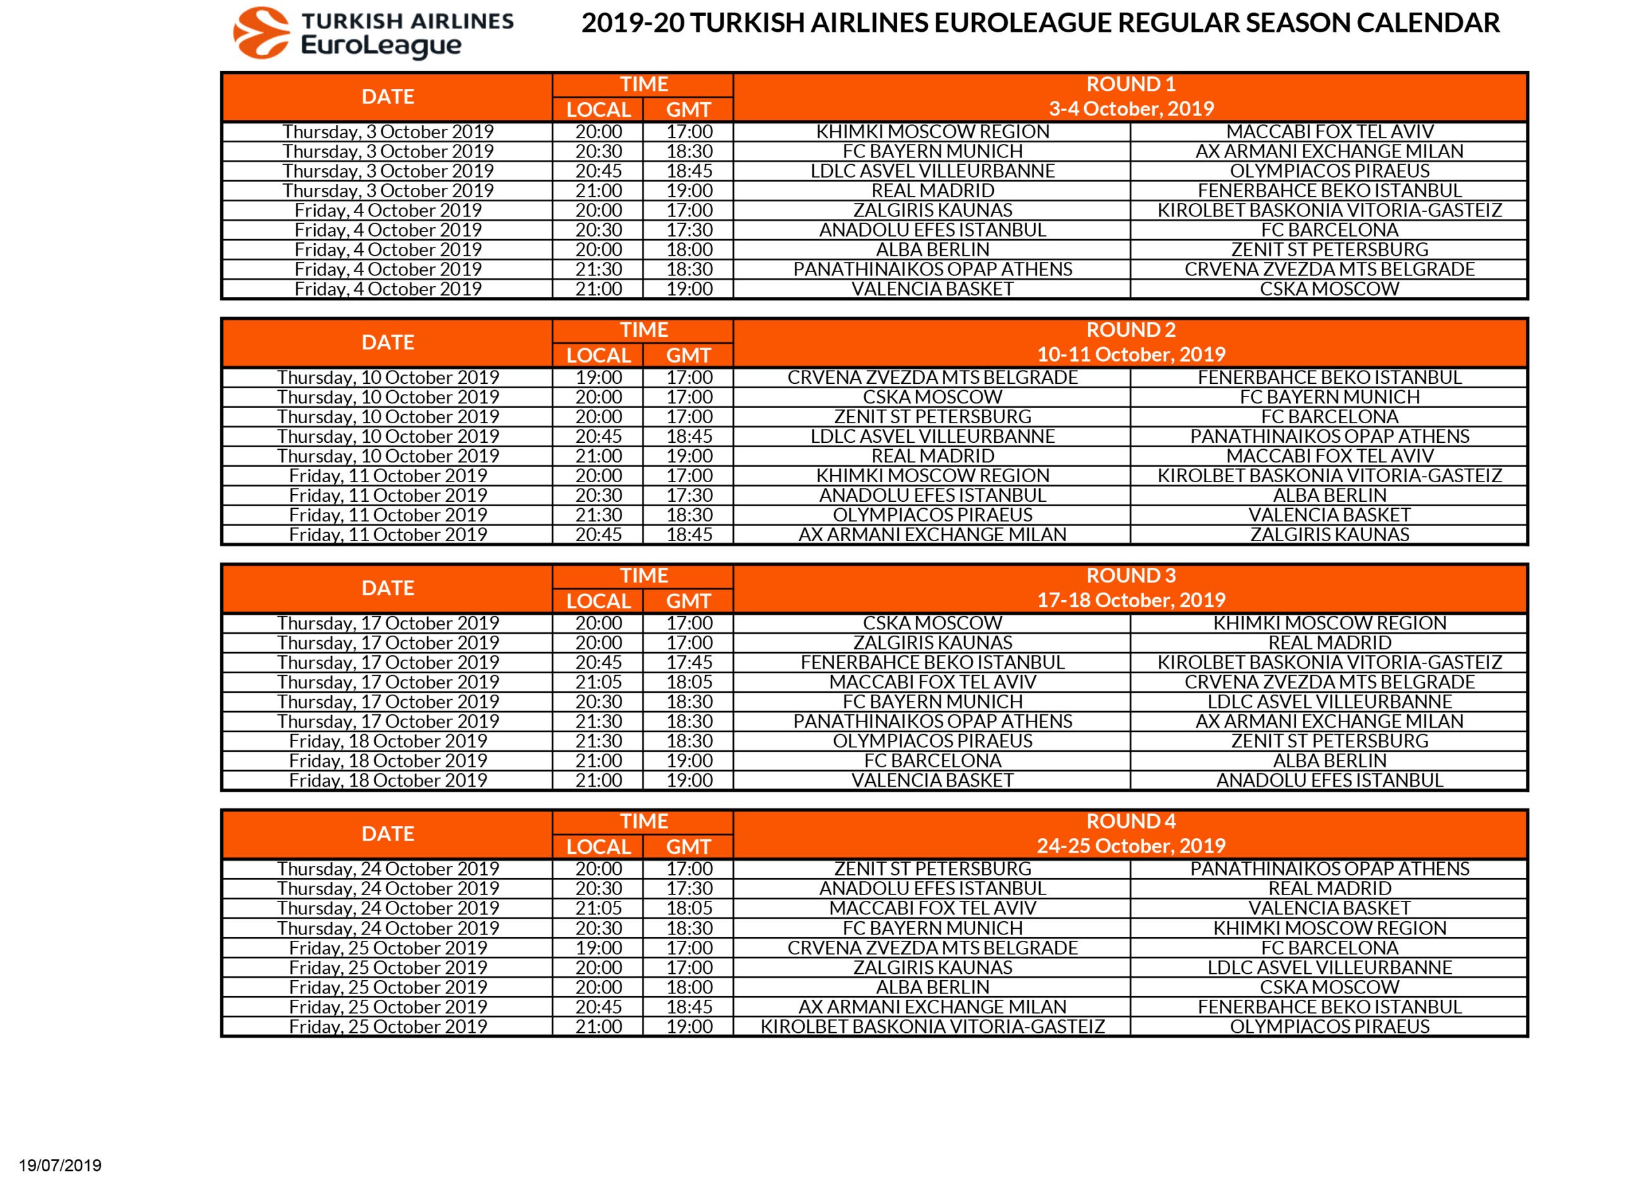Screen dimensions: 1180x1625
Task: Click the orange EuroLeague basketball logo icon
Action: tap(261, 33)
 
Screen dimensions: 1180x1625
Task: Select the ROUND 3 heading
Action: tap(1131, 575)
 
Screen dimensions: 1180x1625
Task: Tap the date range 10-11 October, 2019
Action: tap(1131, 355)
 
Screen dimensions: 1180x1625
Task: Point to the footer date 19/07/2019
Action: tap(60, 1165)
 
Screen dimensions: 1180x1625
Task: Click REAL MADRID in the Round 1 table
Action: tap(932, 190)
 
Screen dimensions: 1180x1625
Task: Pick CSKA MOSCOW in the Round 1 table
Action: tap(1329, 289)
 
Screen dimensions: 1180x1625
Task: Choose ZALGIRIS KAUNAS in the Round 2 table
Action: tap(1329, 534)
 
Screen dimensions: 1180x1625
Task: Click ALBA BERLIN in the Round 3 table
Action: tap(1329, 761)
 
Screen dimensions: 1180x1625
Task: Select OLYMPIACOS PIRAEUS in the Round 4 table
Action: tap(1329, 1026)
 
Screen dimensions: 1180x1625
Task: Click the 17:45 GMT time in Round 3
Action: tap(689, 662)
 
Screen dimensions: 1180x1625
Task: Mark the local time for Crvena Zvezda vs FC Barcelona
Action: tap(599, 947)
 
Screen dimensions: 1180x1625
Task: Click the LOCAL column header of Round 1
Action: tap(599, 110)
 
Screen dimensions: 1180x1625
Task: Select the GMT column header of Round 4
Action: tap(689, 846)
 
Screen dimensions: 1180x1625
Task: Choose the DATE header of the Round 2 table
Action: tap(388, 342)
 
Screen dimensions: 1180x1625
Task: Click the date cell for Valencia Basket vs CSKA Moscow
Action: tap(388, 289)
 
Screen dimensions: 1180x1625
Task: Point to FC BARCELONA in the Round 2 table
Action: tap(1329, 417)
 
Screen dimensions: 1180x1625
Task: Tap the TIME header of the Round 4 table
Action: tap(644, 822)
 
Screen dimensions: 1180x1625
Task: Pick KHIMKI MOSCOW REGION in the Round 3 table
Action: tap(1329, 623)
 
